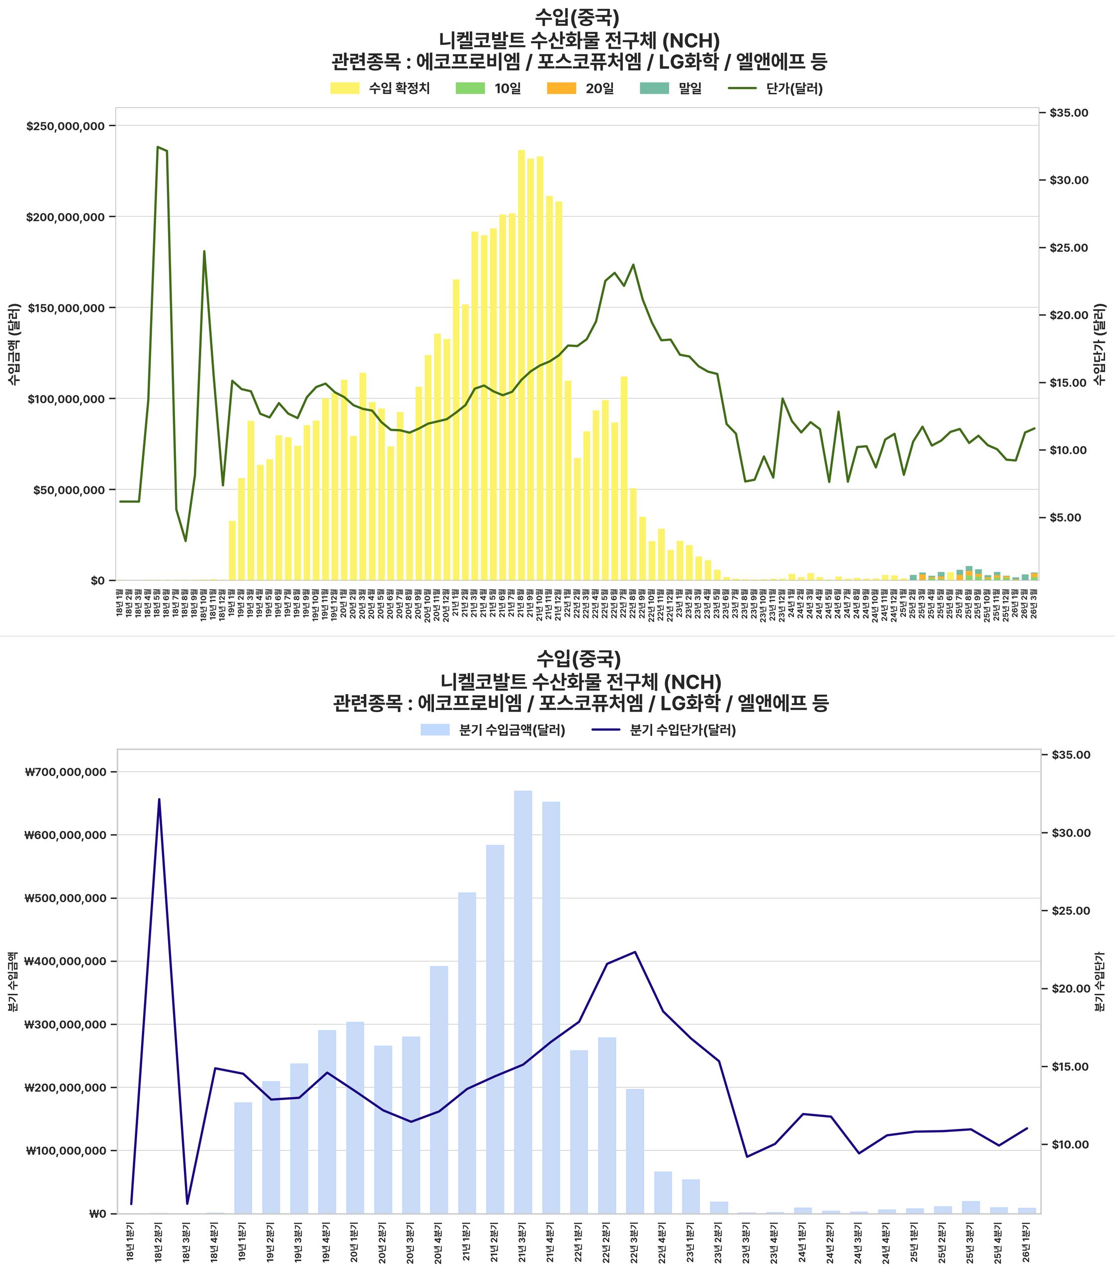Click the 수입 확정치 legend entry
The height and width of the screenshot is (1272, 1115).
pyautogui.click(x=380, y=88)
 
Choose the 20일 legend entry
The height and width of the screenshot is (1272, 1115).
pyautogui.click(x=580, y=88)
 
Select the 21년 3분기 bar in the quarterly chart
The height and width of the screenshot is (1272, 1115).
pyautogui.click(x=522, y=1001)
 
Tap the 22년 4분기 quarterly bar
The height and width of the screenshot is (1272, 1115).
pyautogui.click(x=663, y=1192)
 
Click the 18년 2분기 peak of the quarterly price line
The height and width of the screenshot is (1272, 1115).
pyautogui.click(x=159, y=799)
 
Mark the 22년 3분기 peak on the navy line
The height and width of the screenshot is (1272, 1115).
pyautogui.click(x=635, y=952)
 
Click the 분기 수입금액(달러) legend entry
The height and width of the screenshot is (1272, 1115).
pyautogui.click(x=493, y=730)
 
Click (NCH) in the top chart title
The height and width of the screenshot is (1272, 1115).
pyautogui.click(x=690, y=41)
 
